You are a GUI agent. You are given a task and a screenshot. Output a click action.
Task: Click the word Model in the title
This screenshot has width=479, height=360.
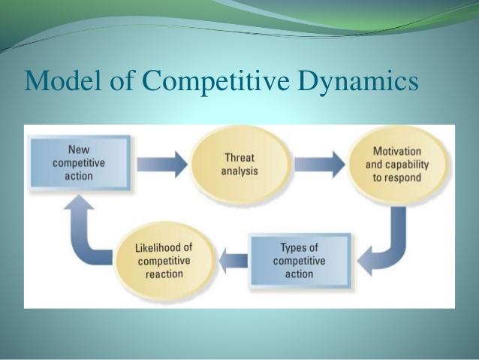(x=58, y=80)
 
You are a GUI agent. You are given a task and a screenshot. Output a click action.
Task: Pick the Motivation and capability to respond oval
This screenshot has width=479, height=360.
(x=393, y=165)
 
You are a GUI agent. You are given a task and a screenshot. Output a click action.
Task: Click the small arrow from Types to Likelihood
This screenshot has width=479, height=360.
(x=234, y=261)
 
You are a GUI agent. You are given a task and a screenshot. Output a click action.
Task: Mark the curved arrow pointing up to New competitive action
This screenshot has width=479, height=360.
(x=83, y=225)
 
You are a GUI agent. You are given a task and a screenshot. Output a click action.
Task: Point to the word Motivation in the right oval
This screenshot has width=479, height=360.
(x=393, y=151)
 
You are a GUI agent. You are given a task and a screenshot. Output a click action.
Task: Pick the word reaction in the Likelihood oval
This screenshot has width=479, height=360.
(x=164, y=274)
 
